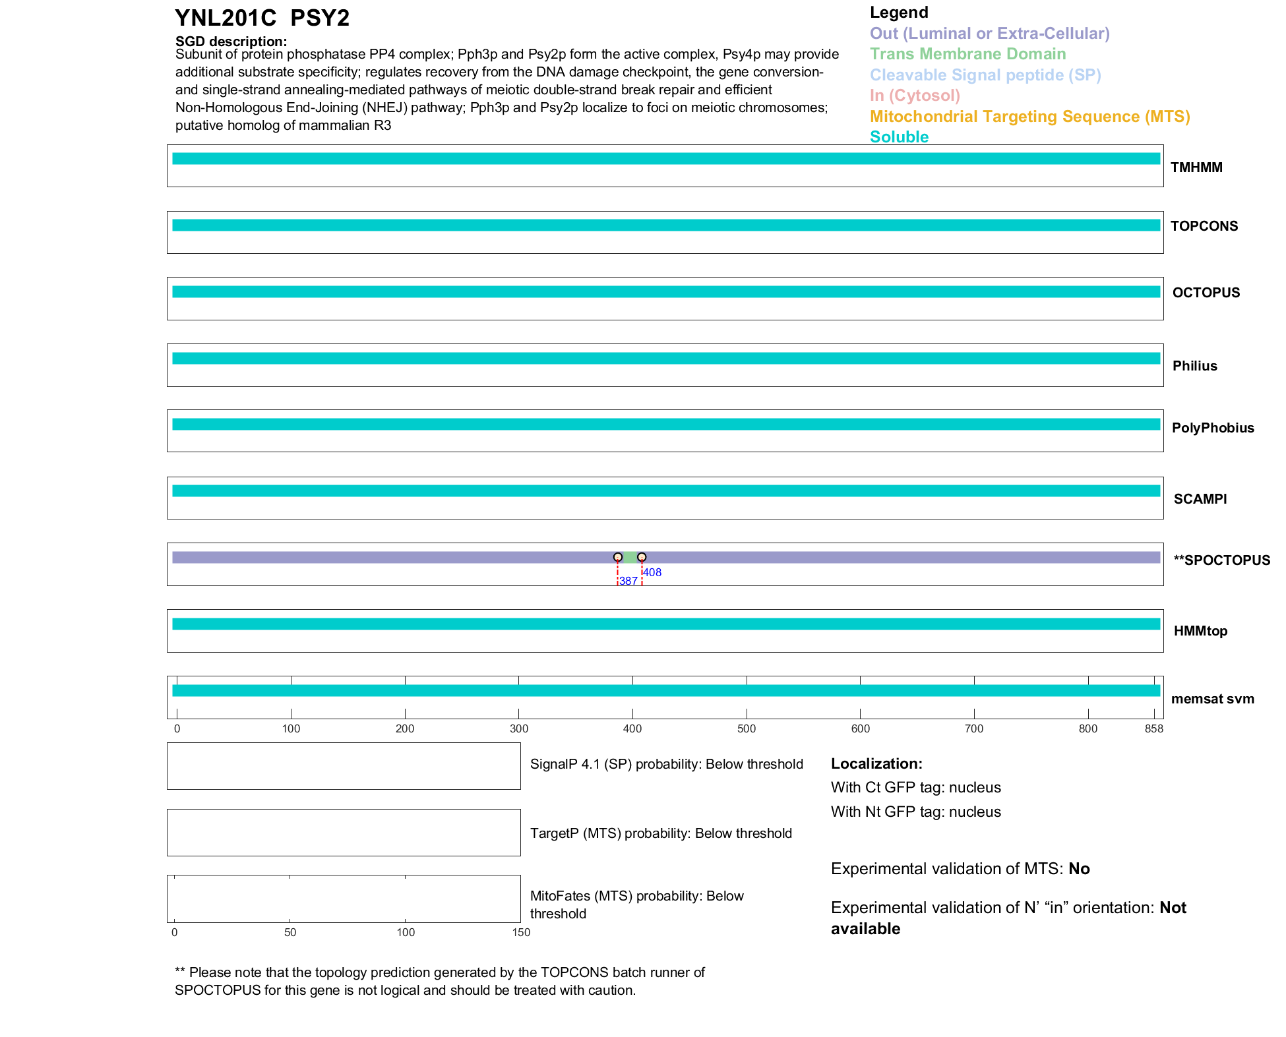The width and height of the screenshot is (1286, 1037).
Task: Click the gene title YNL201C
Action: click(x=226, y=18)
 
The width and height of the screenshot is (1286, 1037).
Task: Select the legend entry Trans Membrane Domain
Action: click(x=967, y=54)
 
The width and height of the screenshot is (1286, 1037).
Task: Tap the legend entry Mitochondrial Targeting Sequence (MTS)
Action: click(x=1029, y=117)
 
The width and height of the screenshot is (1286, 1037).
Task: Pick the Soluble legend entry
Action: click(x=899, y=137)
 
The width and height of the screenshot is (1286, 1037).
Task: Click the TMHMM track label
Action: click(x=1196, y=167)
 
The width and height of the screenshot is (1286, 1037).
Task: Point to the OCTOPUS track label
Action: click(x=1206, y=293)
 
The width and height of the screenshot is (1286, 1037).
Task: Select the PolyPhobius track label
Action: click(x=1212, y=428)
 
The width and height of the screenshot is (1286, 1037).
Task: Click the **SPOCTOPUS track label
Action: click(x=1221, y=560)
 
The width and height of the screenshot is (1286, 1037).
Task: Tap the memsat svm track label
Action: click(x=1212, y=699)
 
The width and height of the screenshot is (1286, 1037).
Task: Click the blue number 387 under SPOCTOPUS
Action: click(x=628, y=581)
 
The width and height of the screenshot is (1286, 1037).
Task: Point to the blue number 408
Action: click(x=652, y=572)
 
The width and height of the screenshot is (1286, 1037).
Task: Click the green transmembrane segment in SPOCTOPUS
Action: click(x=630, y=558)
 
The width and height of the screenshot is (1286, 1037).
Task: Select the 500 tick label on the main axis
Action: click(x=747, y=728)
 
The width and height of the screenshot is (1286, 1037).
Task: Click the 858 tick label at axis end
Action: click(x=1153, y=728)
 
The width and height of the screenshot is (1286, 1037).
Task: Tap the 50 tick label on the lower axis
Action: click(x=290, y=932)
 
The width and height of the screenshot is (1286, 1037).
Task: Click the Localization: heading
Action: click(x=876, y=764)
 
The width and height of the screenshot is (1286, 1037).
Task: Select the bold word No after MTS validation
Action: click(x=1079, y=869)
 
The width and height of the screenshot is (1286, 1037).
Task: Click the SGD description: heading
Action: click(x=231, y=42)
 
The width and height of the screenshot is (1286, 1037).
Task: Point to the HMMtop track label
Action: click(x=1200, y=631)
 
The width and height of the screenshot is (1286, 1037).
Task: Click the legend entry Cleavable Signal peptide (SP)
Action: click(x=985, y=75)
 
